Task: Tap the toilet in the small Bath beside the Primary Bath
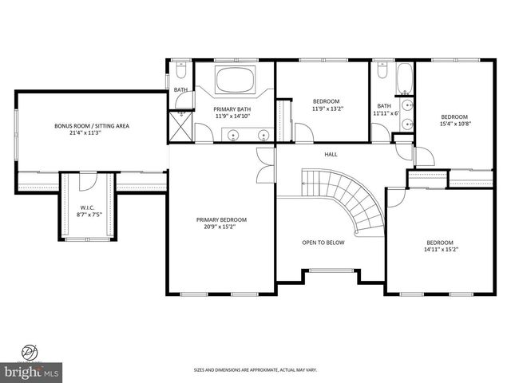181,69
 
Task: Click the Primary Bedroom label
221,219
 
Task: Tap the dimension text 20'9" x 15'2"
221,227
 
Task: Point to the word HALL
330,154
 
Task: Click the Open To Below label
323,243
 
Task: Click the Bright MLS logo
31,371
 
